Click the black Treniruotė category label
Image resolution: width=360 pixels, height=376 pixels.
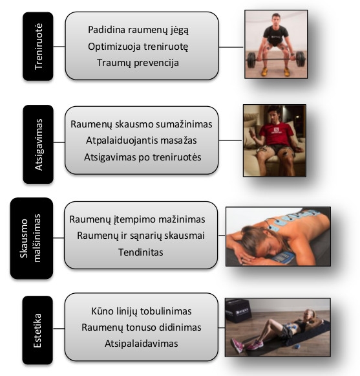click(x=38, y=47)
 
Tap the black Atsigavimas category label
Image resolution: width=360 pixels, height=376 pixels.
click(x=38, y=144)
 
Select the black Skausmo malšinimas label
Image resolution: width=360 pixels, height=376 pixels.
click(x=32, y=238)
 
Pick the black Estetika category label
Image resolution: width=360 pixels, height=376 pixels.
click(x=37, y=330)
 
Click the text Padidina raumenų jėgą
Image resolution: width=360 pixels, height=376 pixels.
click(x=138, y=30)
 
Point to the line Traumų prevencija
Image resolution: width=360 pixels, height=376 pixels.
click(x=138, y=63)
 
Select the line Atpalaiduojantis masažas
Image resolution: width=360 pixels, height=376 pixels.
click(x=142, y=140)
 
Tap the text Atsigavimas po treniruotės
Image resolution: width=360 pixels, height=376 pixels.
click(x=143, y=157)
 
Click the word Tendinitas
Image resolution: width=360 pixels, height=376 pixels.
click(x=141, y=252)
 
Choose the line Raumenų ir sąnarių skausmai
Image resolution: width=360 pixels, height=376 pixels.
click(x=141, y=236)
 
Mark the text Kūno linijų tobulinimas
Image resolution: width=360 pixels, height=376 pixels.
click(x=142, y=311)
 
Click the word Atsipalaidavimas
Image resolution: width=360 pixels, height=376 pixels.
click(x=142, y=344)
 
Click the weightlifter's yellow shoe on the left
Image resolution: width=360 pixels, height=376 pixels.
click(x=264, y=71)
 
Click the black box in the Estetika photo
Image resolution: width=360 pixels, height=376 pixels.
click(x=238, y=310)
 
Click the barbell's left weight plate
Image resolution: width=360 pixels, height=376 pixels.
click(x=251, y=60)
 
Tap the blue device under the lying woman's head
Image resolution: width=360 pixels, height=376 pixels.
click(x=284, y=258)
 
